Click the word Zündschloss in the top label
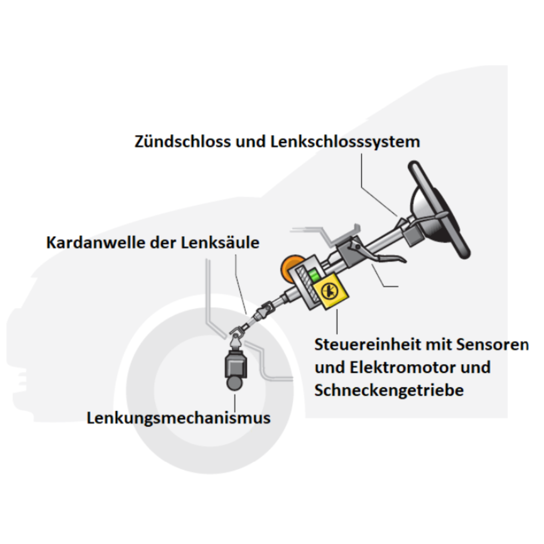pyautogui.click(x=183, y=142)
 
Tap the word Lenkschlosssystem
pyautogui.click(x=345, y=142)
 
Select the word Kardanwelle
pyautogui.click(x=95, y=242)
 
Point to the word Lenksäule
pyautogui.click(x=220, y=242)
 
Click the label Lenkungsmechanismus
pyautogui.click(x=178, y=418)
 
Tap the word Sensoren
pyautogui.click(x=492, y=345)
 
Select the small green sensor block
pyautogui.click(x=314, y=276)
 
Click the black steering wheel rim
pyautogui.click(x=439, y=210)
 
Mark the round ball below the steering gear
pyautogui.click(x=235, y=383)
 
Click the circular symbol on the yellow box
pyautogui.click(x=329, y=291)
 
